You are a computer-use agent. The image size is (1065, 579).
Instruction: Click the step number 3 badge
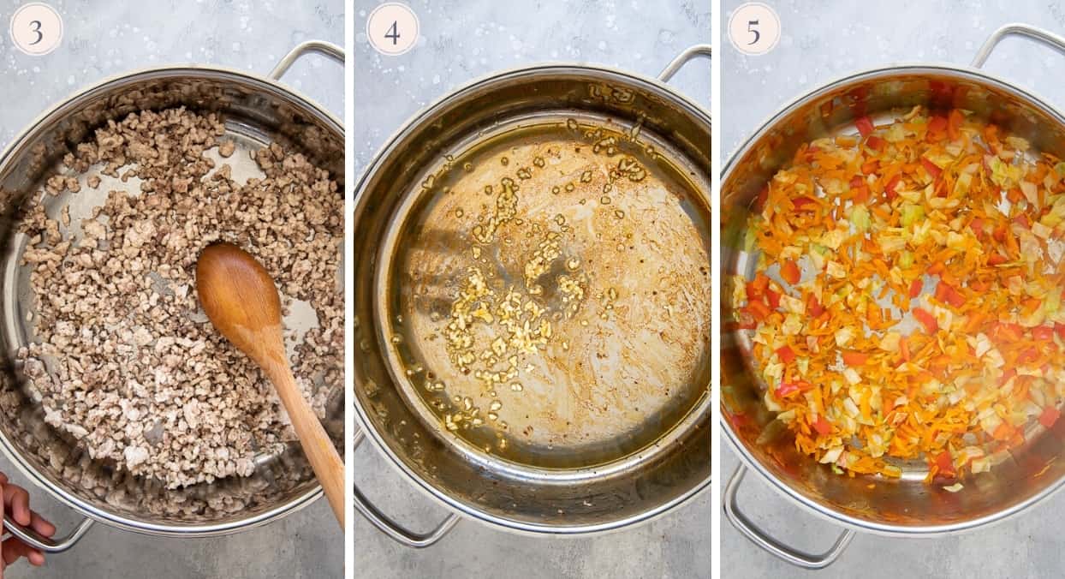[x=36, y=30]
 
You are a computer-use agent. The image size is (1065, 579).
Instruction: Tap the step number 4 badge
[x=393, y=30]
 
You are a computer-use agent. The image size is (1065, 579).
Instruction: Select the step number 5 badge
[x=753, y=30]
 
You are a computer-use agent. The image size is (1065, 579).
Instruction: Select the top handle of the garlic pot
[x=685, y=60]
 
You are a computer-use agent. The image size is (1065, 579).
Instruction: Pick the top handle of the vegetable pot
[x=1019, y=39]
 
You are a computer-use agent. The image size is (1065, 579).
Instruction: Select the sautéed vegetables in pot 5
[x=899, y=291]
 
